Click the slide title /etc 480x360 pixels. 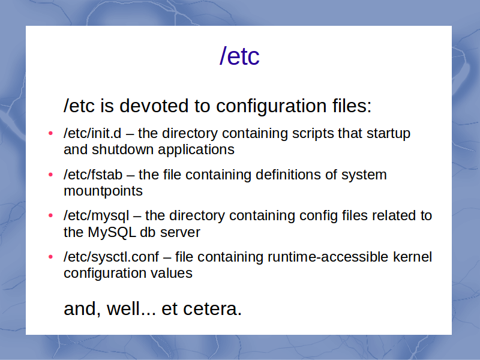pyautogui.click(x=239, y=56)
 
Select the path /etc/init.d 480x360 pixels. pyautogui.click(x=92, y=133)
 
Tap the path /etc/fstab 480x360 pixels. pyautogui.click(x=93, y=175)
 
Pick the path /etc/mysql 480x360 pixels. pyautogui.click(x=97, y=216)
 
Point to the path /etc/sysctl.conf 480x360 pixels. pyautogui.click(x=112, y=257)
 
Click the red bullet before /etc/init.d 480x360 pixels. pyautogui.click(x=51, y=133)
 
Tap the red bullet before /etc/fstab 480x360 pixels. pyautogui.click(x=51, y=175)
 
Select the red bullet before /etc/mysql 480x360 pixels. pyautogui.click(x=51, y=215)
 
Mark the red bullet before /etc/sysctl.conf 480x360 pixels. pyautogui.click(x=51, y=257)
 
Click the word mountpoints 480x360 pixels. pyautogui.click(x=103, y=191)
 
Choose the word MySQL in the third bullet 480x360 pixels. pyautogui.click(x=112, y=232)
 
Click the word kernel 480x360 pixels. pyautogui.click(x=412, y=257)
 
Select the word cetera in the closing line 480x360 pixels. pyautogui.click(x=212, y=309)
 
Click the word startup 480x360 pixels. pyautogui.click(x=388, y=134)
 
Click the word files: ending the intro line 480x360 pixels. pyautogui.click(x=352, y=106)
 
